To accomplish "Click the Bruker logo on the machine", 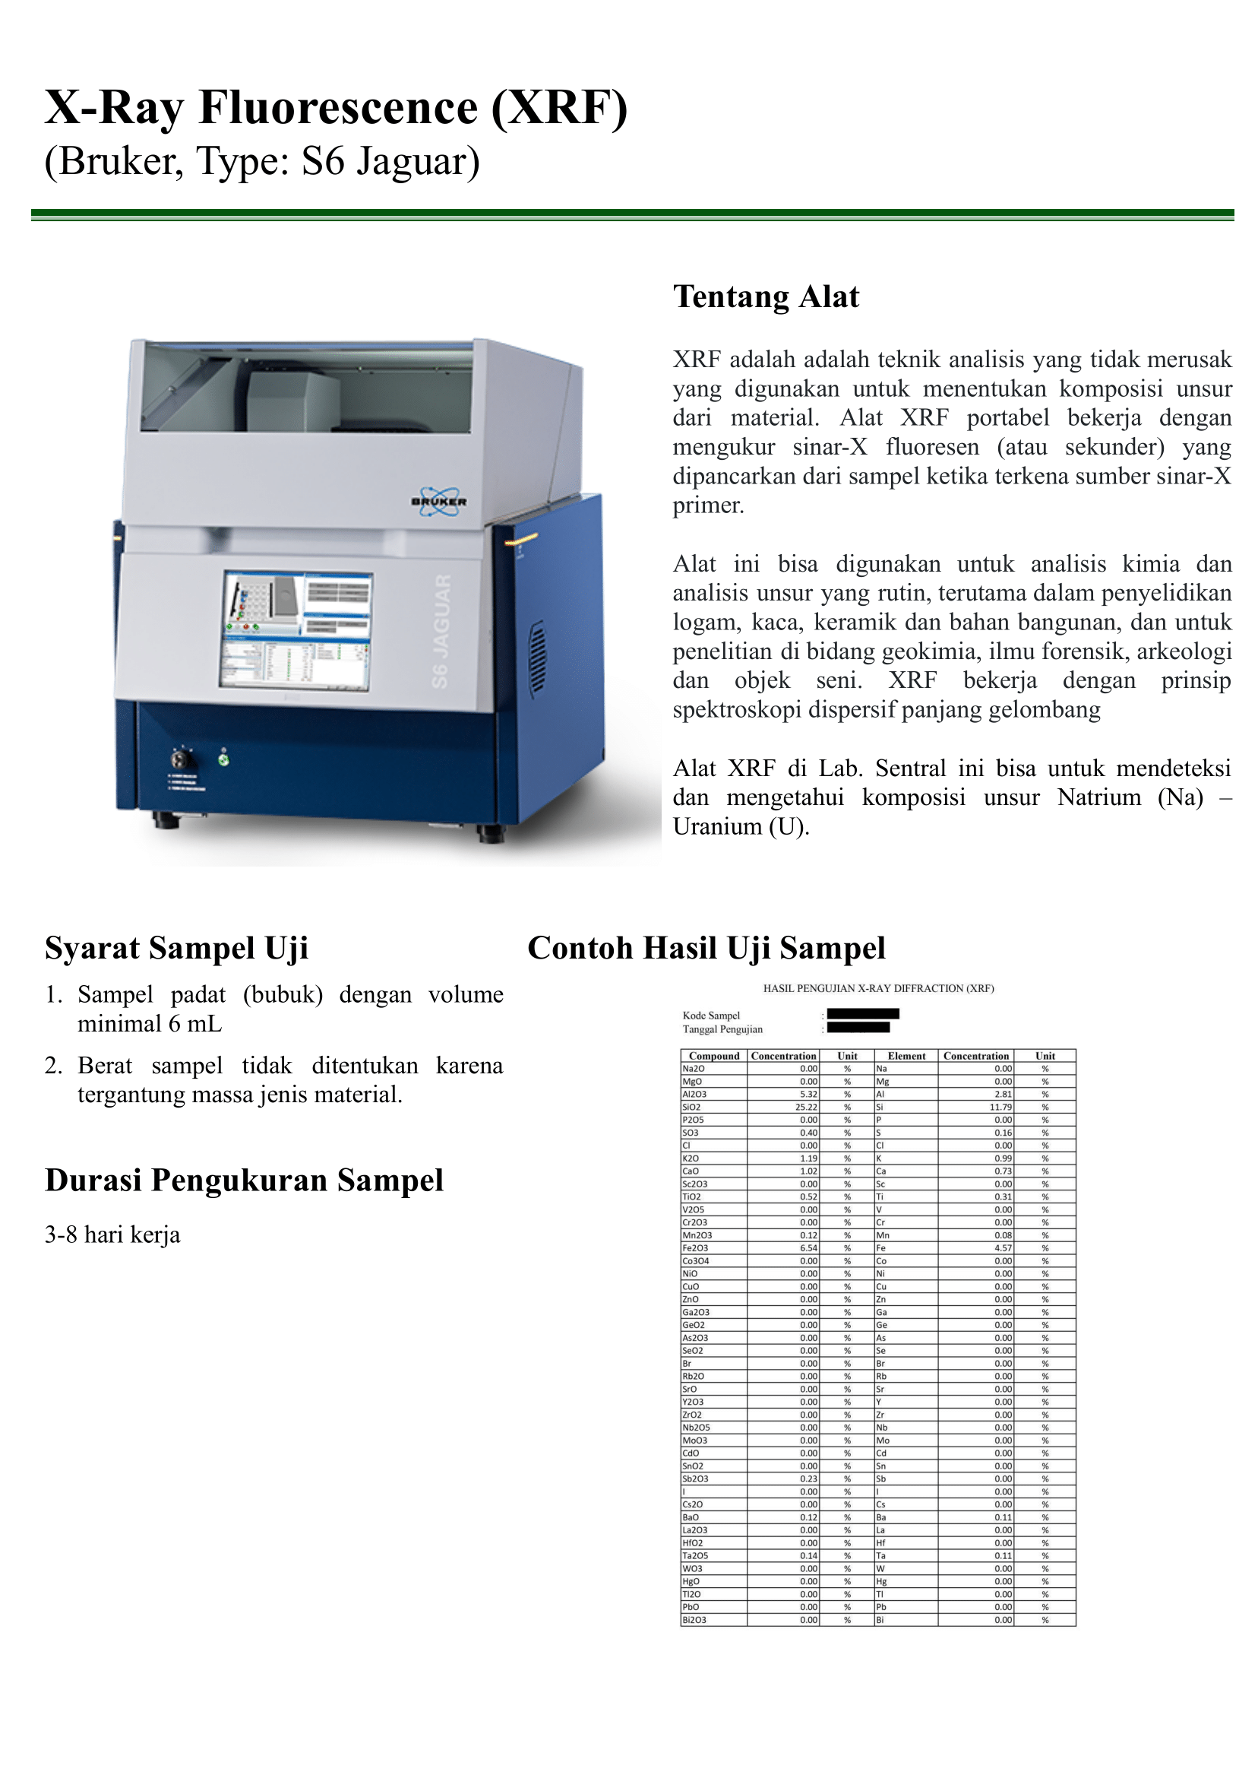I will [439, 502].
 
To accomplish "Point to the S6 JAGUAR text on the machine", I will [441, 631].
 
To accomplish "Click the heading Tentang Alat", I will [765, 297].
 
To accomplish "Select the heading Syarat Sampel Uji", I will [176, 948].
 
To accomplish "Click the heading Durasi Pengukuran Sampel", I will [244, 1181].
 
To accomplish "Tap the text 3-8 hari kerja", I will [112, 1234].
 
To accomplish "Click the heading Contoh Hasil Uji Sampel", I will [706, 948].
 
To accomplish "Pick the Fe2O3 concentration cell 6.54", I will [808, 1248].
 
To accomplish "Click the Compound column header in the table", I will [713, 1056].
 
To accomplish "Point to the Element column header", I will [906, 1056].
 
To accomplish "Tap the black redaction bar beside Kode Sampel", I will [862, 1014].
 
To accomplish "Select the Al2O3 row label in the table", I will [694, 1095].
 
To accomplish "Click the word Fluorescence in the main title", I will [339, 108].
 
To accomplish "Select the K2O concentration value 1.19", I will [808, 1158].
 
